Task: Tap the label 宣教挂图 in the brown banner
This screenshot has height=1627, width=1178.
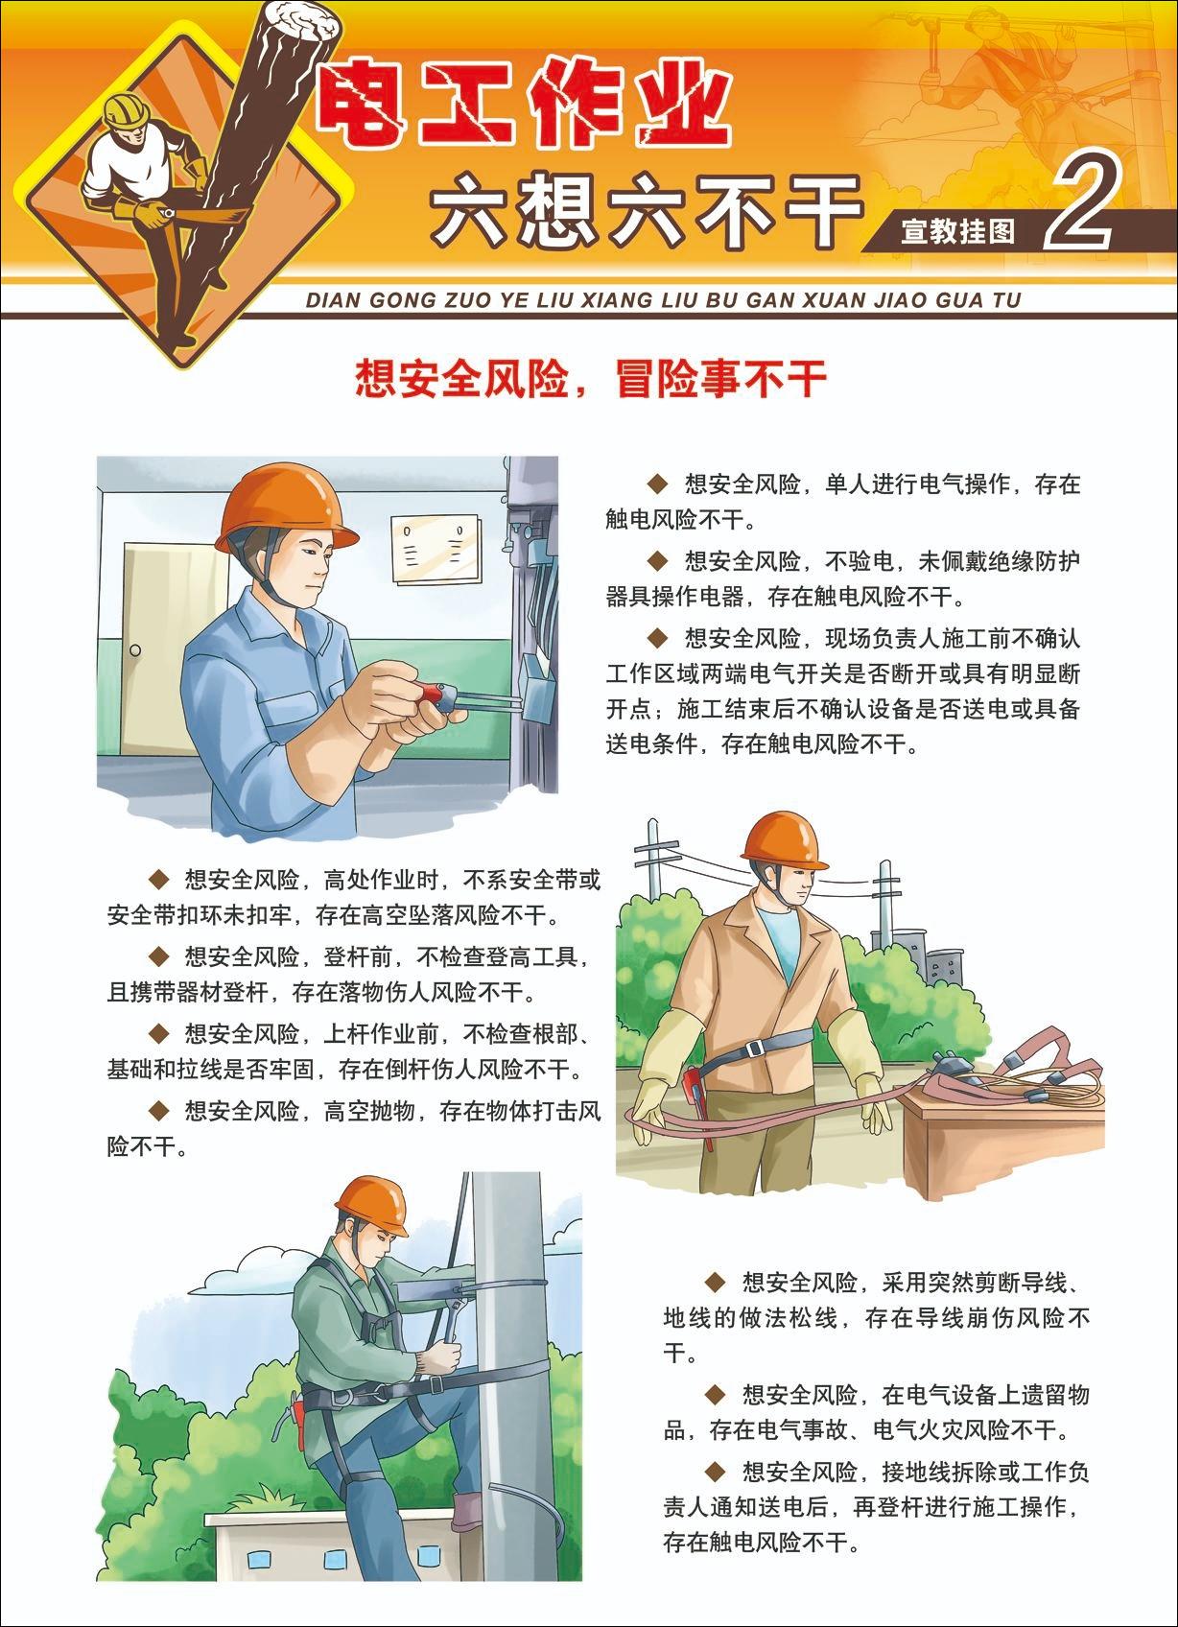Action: pos(958,232)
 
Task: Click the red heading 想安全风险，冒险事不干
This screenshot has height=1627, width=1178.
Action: pos(591,378)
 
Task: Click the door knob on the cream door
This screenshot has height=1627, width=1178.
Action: pos(135,650)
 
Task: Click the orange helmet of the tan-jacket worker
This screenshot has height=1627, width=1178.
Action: pos(785,841)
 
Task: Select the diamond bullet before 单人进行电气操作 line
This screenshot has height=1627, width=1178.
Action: pos(658,483)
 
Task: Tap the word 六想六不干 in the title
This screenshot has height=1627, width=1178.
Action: pos(646,209)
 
